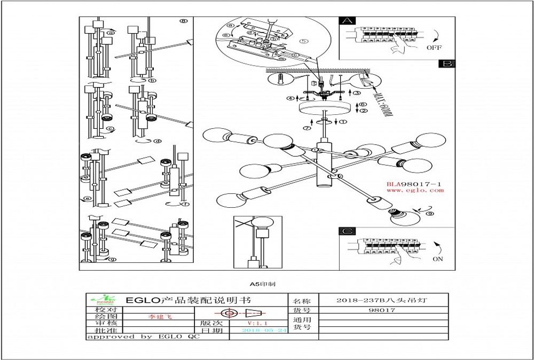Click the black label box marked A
coord(347,21)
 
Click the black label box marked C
coord(347,231)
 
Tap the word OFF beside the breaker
coord(434,48)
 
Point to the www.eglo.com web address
coord(415,190)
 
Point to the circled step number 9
coord(430,214)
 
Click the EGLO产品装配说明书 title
coord(187,300)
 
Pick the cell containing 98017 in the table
coord(382,310)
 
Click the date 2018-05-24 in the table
coord(265,330)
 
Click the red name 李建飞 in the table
coord(160,317)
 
